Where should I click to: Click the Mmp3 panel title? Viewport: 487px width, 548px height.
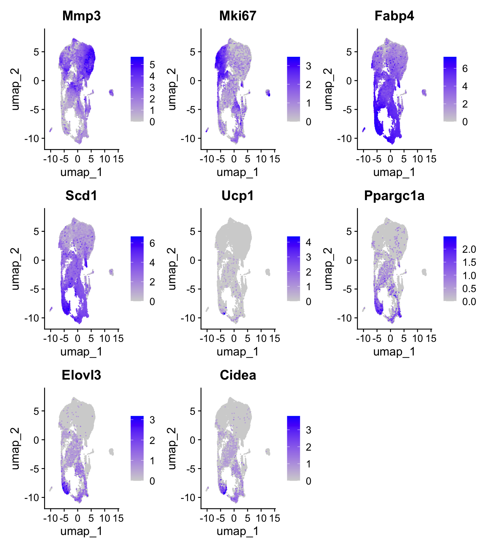coord(81,16)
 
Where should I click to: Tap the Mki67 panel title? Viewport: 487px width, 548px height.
coord(238,16)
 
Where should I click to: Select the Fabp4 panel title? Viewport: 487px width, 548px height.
coord(394,16)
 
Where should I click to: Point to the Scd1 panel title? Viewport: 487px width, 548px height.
coord(81,196)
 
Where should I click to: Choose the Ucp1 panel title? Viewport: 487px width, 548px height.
coord(238,196)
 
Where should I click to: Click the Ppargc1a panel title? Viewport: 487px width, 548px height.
coord(394,196)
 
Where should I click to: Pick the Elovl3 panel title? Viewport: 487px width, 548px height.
coord(81,375)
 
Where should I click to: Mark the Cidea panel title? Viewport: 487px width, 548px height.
coord(238,375)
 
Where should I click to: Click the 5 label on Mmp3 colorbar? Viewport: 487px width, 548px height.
coord(152,65)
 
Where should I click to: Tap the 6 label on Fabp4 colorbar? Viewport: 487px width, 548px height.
coord(465,68)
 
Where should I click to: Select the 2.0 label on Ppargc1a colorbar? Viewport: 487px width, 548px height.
coord(469,249)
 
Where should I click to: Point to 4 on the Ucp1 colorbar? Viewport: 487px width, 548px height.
coord(308,242)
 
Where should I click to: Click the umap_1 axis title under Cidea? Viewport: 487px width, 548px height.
coord(238,531)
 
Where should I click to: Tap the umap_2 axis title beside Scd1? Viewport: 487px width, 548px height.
coord(15,269)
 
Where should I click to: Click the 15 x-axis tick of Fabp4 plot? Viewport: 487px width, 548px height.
coord(431,159)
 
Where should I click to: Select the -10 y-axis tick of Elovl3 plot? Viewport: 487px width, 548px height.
coord(32,498)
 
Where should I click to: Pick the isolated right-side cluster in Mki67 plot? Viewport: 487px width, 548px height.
coord(268,93)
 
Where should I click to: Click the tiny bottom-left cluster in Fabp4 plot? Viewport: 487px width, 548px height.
coord(364,129)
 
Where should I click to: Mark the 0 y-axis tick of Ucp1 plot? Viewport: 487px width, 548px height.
coord(192,260)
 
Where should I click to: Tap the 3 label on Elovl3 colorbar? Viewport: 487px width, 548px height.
coord(152,420)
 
